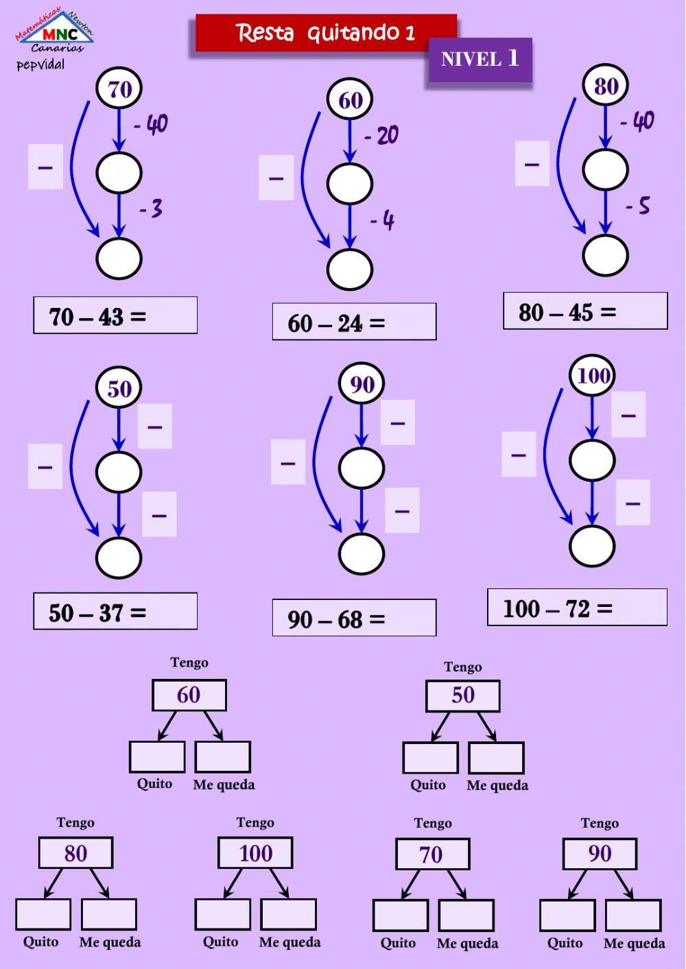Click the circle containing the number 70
pos(119,88)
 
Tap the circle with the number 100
pos(592,375)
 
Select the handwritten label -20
pos(381,135)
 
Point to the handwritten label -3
pos(151,209)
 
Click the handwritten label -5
pos(638,206)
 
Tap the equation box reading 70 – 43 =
pos(115,315)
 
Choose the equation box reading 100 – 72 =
pos(578,607)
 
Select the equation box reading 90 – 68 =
pos(355,617)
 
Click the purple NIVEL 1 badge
pos(480,60)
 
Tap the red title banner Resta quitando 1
pos(327,33)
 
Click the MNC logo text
pos(60,34)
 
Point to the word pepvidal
pos(40,65)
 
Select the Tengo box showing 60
pos(189,695)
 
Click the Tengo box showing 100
pos(255,852)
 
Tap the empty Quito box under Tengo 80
pos(43,915)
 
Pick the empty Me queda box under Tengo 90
pos(633,916)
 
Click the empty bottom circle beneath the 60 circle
pos(350,269)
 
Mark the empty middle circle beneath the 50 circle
pos(119,472)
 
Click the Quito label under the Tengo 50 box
pos(428,785)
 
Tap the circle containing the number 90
pos(362,383)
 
